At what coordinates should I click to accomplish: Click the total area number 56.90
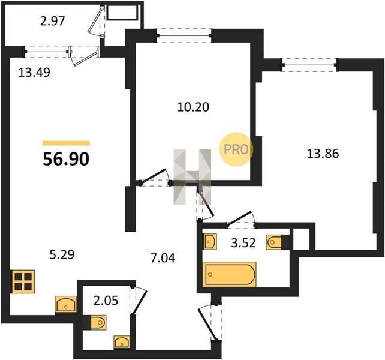click(66, 159)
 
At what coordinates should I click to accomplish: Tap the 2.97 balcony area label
click(53, 21)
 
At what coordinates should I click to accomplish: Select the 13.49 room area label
click(34, 72)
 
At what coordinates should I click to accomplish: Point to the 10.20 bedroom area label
click(193, 107)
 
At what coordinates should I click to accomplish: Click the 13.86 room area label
click(323, 154)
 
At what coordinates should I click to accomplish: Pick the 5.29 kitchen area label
click(62, 254)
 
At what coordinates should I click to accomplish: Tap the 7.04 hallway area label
click(163, 258)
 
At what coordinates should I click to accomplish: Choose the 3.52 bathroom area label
click(243, 243)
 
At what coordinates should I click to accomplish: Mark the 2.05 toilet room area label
click(106, 300)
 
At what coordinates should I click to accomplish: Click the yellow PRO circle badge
click(236, 149)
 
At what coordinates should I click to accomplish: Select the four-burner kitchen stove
click(23, 281)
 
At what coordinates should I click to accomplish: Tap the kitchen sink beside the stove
click(66, 304)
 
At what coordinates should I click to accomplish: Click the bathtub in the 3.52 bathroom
click(230, 274)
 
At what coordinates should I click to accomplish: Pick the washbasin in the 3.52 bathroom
click(210, 241)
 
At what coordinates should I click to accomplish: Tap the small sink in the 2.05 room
click(122, 342)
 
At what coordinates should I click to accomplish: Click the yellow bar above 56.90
click(66, 143)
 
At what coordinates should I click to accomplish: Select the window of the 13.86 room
click(309, 65)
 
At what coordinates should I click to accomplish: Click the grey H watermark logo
click(192, 177)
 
